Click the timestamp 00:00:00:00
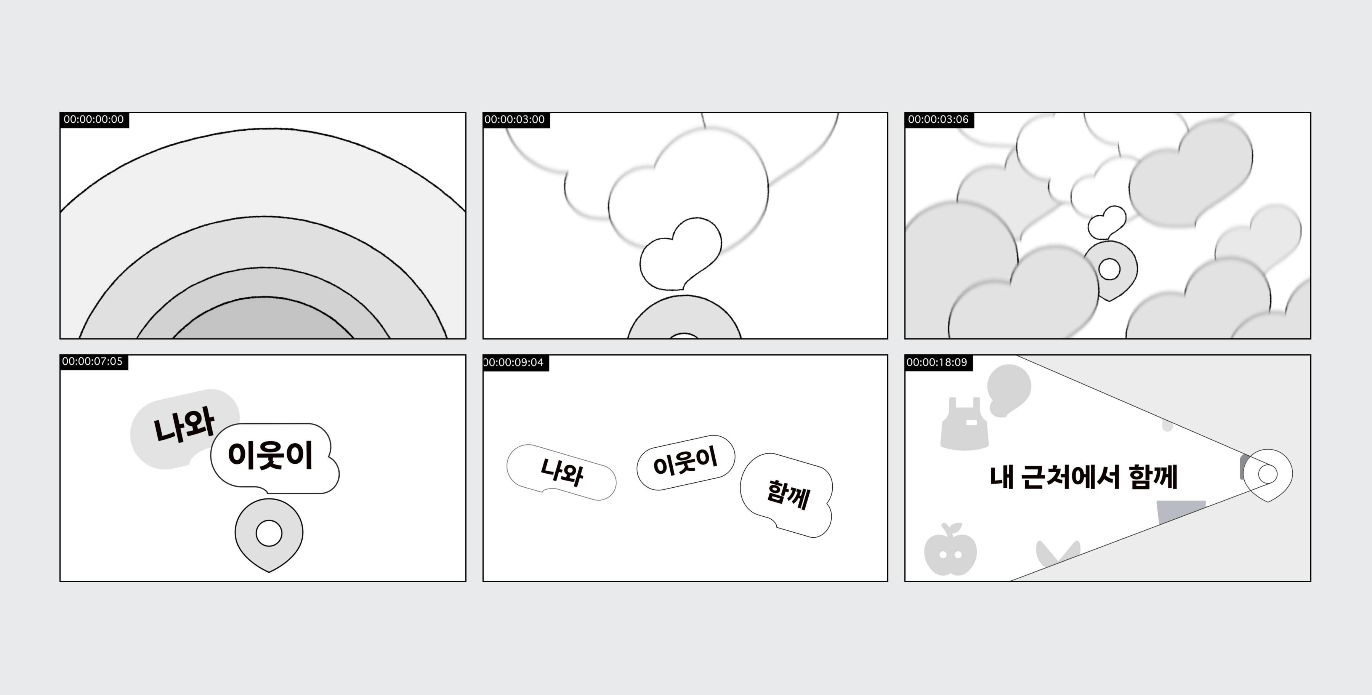94,119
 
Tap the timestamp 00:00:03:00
514,119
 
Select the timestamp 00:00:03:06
938,119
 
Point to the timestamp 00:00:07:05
92,362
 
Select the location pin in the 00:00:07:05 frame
269,533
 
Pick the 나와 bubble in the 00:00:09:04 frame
561,472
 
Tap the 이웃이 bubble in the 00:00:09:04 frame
686,462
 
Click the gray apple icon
950,551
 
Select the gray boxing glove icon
1008,389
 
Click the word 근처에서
1071,477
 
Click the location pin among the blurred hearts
1111,269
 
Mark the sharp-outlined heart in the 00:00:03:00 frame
681,253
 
